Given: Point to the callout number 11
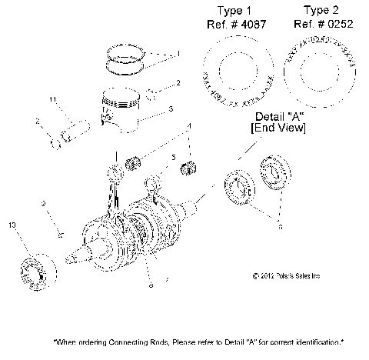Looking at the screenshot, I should pyautogui.click(x=53, y=101).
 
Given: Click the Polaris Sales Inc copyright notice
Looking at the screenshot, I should pyautogui.click(x=285, y=275).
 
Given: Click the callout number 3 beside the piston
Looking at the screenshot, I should pyautogui.click(x=171, y=109).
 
